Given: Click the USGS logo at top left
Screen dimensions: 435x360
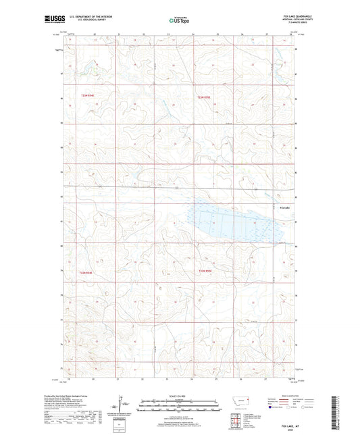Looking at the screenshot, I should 50,20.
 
